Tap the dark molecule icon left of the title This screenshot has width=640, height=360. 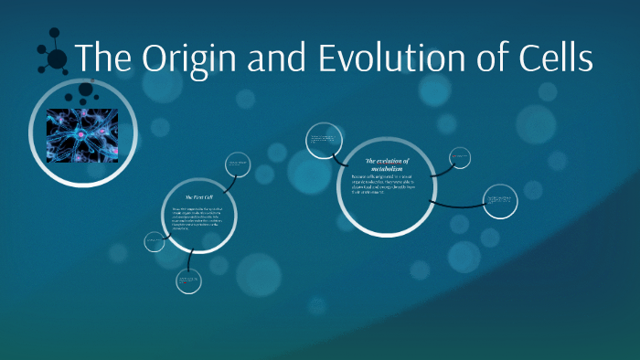pyautogui.click(x=54, y=57)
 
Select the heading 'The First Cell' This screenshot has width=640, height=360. pyautogui.click(x=198, y=197)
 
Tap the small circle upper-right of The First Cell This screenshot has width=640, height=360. pyautogui.click(x=239, y=164)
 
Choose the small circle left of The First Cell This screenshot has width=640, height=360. pyautogui.click(x=154, y=241)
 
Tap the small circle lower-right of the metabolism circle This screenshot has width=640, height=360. pyautogui.click(x=500, y=201)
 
